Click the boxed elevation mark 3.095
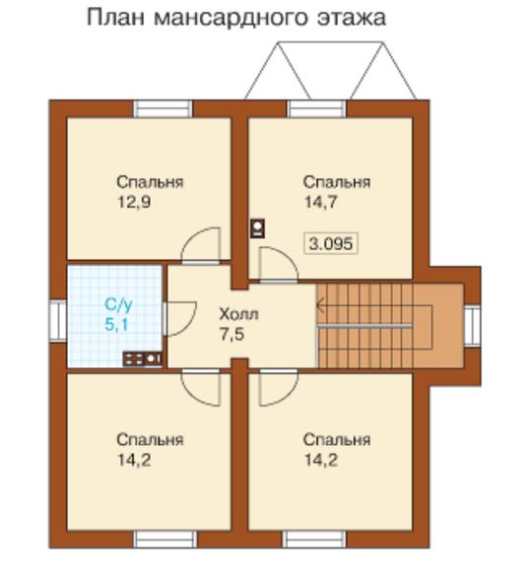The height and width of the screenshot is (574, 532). (x=331, y=243)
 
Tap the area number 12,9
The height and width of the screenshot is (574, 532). (x=134, y=202)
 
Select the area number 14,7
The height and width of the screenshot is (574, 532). (x=321, y=202)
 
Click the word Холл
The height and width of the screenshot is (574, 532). (x=238, y=314)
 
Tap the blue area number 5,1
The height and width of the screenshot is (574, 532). (x=116, y=325)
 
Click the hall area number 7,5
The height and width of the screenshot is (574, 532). (x=232, y=334)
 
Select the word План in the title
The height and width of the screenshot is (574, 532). (x=116, y=18)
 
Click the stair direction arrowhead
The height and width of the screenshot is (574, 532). (x=320, y=305)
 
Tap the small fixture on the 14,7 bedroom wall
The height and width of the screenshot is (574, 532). (x=257, y=228)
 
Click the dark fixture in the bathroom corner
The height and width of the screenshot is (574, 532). (x=142, y=359)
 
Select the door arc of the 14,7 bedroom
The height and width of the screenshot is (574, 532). (x=286, y=256)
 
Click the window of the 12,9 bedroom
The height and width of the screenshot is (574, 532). (x=163, y=108)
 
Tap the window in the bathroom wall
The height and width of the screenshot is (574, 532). (x=58, y=321)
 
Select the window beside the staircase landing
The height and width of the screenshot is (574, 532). (x=472, y=325)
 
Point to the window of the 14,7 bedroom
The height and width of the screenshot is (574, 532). (x=316, y=108)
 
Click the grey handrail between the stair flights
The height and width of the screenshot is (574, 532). (x=365, y=326)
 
